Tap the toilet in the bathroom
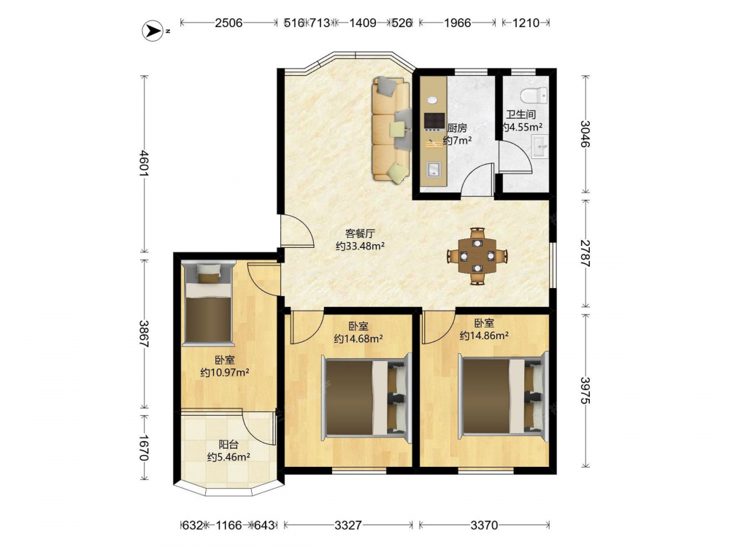point(534,96)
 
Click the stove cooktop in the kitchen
point(434,121)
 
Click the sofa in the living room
point(391,129)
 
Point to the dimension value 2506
point(228,23)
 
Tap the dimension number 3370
point(484,525)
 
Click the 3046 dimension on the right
point(585,134)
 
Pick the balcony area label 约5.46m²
point(228,457)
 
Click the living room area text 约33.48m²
point(360,246)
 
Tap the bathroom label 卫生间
point(521,114)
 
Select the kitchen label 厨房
point(457,128)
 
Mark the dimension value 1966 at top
point(457,23)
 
